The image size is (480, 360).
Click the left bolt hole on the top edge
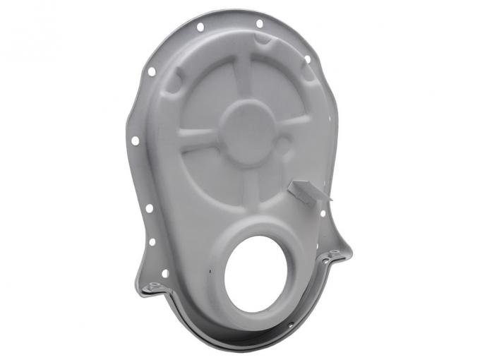(x=200, y=27)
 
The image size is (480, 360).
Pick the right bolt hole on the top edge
(x=259, y=23)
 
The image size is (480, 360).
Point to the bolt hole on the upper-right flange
(x=307, y=59)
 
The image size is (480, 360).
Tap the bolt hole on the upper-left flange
(x=152, y=71)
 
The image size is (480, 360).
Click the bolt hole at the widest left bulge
(x=135, y=140)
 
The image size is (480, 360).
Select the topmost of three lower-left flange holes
(x=149, y=208)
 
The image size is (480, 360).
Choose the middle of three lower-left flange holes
(x=152, y=241)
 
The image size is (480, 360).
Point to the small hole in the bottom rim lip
(x=290, y=325)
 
